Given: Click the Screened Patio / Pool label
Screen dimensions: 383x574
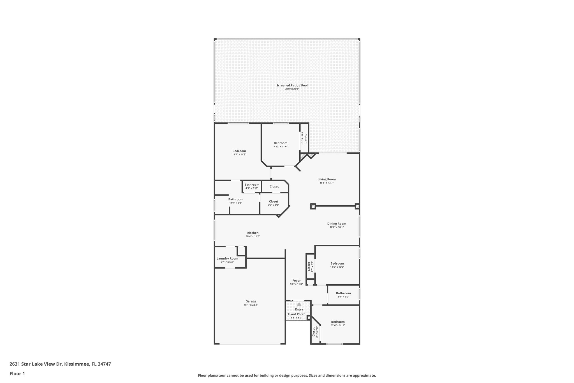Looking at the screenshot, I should point(292,85).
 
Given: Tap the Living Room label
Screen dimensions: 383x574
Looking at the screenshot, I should point(327,179).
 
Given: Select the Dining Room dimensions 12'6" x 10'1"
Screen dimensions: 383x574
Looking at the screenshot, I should point(336,227).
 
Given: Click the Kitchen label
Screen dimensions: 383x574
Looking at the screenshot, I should point(253,233).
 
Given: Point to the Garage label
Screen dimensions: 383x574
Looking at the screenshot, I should point(251,301).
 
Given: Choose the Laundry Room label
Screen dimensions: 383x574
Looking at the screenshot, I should point(227,258).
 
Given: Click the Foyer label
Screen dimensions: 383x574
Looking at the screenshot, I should point(296,281).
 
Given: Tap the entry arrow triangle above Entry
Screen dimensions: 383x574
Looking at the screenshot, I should point(299,304).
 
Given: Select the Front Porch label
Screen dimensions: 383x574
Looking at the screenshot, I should point(297,314).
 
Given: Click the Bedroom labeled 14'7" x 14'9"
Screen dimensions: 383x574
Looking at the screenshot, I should point(239,151).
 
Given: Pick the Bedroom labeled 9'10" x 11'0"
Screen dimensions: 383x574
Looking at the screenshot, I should point(281,143).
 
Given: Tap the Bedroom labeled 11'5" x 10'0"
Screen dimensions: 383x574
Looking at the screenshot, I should point(337,263).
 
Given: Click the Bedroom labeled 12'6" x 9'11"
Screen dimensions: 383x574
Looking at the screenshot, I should point(338,322).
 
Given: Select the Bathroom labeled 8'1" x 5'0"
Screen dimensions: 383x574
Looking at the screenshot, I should point(343,293).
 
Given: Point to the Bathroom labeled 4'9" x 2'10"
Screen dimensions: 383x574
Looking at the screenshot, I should point(252,185).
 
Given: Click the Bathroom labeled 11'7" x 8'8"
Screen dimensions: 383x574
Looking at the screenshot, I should point(235,199).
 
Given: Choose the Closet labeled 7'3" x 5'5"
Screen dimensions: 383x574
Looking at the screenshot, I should point(273,201).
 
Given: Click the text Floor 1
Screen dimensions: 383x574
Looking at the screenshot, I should point(17,373).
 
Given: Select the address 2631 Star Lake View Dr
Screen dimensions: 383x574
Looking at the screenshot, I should point(36,364).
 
